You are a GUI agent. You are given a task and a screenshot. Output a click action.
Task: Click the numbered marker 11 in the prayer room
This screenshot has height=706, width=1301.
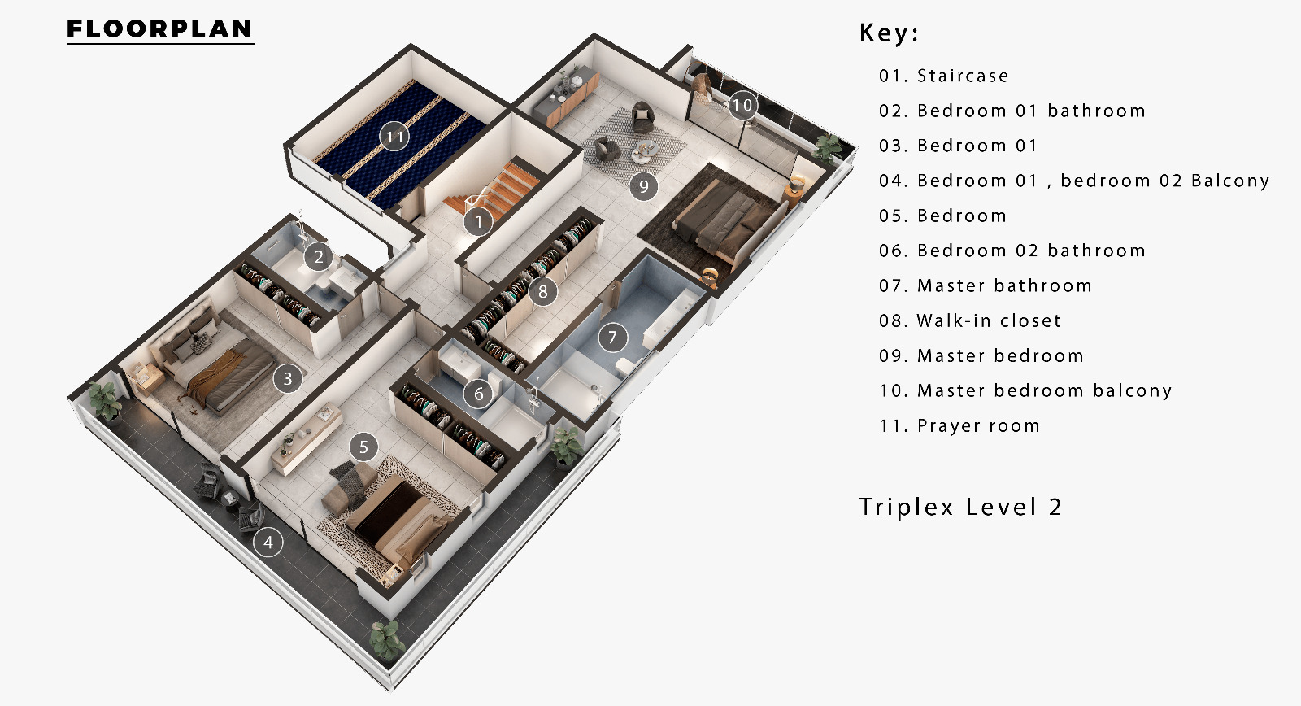tap(394, 137)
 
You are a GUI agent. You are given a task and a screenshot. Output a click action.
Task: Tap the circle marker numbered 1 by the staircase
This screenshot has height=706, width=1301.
tap(479, 221)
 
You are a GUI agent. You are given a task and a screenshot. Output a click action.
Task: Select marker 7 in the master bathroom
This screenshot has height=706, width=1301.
tap(612, 337)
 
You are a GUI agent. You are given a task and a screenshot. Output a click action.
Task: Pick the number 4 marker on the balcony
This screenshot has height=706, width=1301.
tap(268, 543)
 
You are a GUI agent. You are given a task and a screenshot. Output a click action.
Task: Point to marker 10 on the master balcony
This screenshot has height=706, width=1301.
tap(742, 105)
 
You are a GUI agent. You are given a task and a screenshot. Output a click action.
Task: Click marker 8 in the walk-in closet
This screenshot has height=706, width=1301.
tap(543, 291)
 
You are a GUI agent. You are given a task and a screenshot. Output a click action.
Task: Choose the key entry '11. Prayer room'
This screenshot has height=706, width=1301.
tap(959, 426)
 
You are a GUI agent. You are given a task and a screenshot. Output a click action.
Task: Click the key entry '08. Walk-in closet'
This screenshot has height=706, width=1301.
tap(970, 320)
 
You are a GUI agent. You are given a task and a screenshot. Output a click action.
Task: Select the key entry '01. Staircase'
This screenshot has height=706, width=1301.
tap(944, 76)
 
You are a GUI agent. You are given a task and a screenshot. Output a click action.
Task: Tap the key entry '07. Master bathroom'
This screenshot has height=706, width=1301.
tap(986, 285)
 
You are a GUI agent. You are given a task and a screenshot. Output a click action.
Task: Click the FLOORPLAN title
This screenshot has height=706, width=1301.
tap(159, 28)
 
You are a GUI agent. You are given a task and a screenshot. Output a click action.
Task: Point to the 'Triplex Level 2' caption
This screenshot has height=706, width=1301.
tap(960, 508)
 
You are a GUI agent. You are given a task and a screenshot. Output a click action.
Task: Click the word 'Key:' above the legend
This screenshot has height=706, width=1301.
tap(889, 33)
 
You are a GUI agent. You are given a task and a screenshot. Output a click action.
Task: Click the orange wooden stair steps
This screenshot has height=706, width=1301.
tap(494, 187)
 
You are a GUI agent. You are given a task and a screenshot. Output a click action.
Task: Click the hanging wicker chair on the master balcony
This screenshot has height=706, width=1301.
tap(703, 87)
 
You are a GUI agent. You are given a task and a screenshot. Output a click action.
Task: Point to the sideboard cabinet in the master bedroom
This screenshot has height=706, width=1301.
tap(566, 96)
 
